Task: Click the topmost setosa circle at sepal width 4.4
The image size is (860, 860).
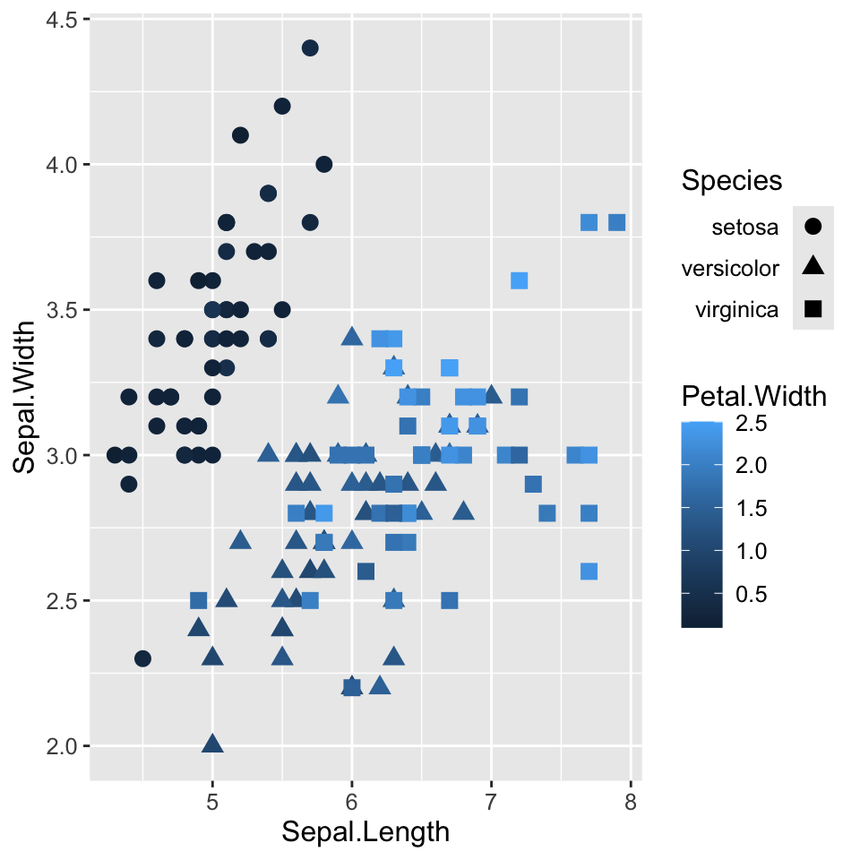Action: click(x=310, y=47)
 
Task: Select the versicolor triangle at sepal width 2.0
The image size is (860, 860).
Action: click(x=212, y=744)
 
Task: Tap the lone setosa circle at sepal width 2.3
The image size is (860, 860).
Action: click(x=142, y=658)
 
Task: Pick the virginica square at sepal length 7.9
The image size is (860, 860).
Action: click(x=616, y=222)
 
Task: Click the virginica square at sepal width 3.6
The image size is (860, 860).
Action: click(x=519, y=280)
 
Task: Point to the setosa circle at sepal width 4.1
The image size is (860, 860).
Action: click(x=240, y=135)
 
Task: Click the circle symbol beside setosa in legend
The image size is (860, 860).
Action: click(x=813, y=227)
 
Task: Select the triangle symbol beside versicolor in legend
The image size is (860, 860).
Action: click(x=813, y=267)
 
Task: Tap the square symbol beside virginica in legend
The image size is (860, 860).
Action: click(x=813, y=309)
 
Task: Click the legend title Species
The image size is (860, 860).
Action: click(x=732, y=181)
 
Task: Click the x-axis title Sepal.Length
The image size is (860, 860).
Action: click(x=365, y=832)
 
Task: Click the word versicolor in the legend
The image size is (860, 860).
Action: click(x=730, y=268)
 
